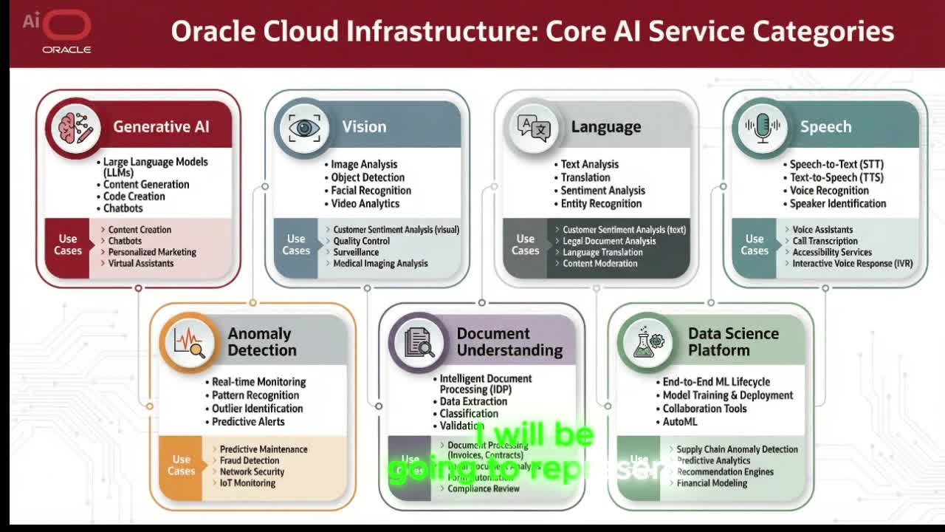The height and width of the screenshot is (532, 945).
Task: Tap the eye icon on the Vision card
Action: (303, 127)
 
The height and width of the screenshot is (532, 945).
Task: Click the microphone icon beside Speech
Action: (762, 127)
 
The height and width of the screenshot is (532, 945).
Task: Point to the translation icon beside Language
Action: (533, 127)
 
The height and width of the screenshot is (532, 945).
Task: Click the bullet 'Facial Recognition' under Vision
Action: (371, 191)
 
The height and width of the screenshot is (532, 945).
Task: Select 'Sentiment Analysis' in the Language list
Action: (602, 191)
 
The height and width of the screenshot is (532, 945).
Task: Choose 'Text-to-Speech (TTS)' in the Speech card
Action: (836, 177)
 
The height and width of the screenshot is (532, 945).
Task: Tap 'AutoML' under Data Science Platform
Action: (679, 422)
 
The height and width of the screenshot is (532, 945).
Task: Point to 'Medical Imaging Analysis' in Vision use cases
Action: (380, 263)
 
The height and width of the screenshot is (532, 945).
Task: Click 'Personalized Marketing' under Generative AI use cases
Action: (152, 252)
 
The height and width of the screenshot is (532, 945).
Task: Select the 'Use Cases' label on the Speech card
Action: (754, 245)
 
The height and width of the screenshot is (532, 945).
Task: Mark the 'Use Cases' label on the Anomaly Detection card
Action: (181, 465)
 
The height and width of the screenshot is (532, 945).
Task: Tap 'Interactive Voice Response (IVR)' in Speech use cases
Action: (852, 263)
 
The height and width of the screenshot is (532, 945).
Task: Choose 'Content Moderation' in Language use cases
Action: (599, 263)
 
